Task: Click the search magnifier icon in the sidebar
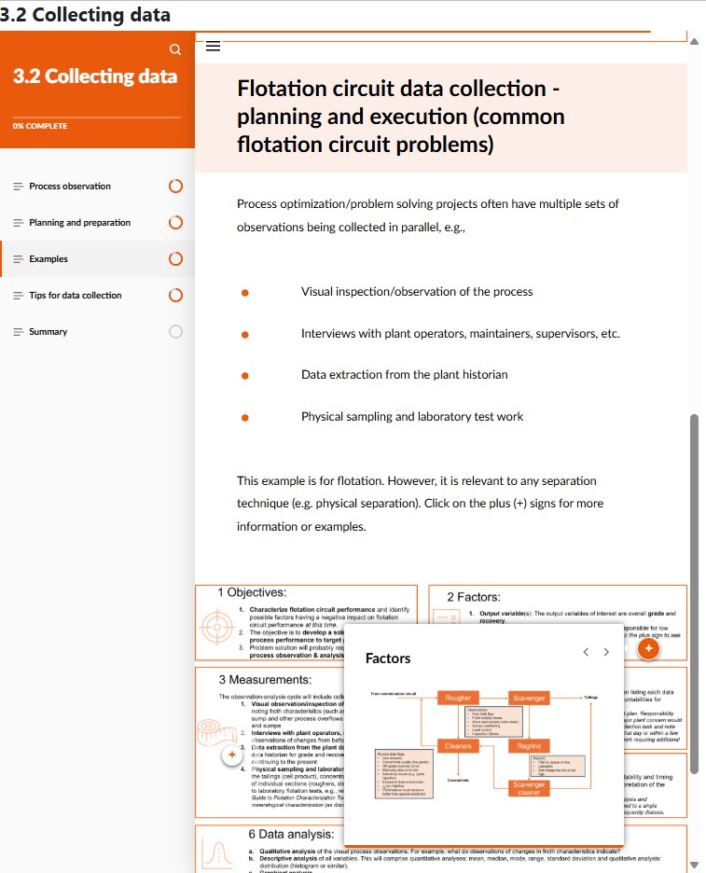174,48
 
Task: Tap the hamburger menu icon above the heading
213,45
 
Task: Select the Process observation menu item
70,187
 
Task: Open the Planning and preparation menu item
79,223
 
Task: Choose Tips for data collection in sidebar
75,296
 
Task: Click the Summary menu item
48,332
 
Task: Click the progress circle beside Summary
175,332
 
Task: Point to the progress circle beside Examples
175,259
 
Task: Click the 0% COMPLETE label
39,126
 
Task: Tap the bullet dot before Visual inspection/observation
244,292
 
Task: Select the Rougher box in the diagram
458,698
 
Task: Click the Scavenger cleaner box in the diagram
529,789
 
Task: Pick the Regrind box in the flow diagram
529,746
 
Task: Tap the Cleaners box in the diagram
458,746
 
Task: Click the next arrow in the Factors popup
606,652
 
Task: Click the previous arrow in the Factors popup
585,652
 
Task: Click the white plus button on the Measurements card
231,755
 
